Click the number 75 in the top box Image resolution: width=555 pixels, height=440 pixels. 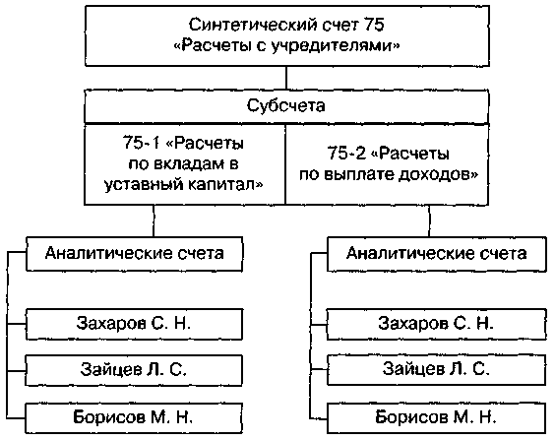tap(373, 25)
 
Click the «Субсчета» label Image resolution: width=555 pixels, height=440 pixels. tap(286, 105)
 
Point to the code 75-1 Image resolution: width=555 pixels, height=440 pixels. tap(142, 143)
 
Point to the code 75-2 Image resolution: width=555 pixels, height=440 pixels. tap(345, 154)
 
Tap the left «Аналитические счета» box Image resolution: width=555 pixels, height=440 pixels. tap(135, 254)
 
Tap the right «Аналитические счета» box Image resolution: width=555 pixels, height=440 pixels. tap(437, 254)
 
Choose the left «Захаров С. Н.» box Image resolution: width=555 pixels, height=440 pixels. tap(134, 324)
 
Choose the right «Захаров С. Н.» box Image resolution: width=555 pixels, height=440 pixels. tap(437, 324)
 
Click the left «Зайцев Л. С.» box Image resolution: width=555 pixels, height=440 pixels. tap(134, 370)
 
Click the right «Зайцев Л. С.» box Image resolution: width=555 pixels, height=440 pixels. tap(437, 370)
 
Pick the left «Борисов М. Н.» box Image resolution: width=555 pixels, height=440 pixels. tap(134, 418)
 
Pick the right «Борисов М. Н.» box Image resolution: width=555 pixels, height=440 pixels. tap(437, 418)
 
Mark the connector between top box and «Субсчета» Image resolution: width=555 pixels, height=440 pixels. tap(286, 78)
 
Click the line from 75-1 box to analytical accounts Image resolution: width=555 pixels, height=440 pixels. tap(154, 220)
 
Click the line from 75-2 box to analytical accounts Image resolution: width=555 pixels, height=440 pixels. tap(429, 220)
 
